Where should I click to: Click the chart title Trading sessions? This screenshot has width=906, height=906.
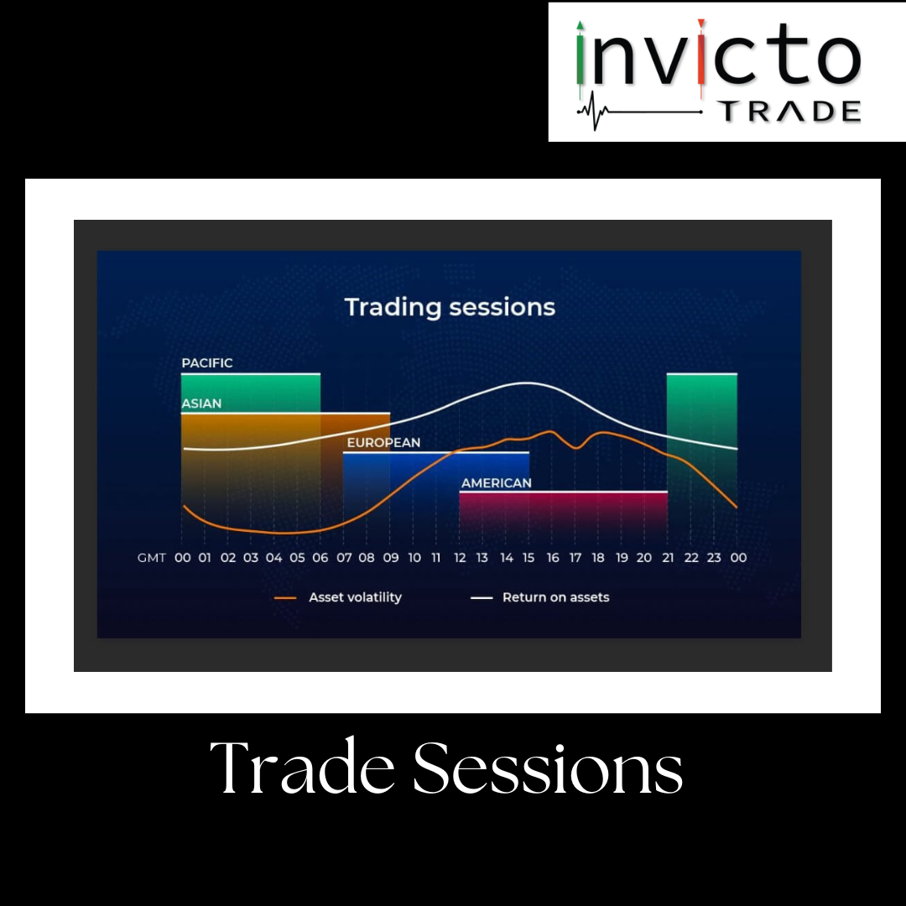coord(450,307)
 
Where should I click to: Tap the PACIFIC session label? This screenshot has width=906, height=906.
coord(207,363)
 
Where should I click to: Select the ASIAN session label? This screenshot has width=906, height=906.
coord(201,404)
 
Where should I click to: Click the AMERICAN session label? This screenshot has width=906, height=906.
coord(496,483)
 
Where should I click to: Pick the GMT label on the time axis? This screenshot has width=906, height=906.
coord(151,558)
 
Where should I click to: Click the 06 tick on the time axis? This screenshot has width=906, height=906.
coord(320,558)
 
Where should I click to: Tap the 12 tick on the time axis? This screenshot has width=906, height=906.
coord(459,558)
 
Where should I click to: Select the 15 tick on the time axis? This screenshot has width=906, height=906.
coord(529,558)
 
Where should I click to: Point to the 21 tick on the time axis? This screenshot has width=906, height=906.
coord(668,558)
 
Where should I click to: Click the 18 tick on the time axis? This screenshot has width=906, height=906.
coord(598,558)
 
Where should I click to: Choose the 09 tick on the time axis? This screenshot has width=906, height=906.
coord(390,558)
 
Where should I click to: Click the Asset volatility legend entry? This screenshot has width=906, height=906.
coord(355,597)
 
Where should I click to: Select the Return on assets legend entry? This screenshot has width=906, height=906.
coord(555,597)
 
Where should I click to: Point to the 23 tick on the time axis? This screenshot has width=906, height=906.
coord(714,558)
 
